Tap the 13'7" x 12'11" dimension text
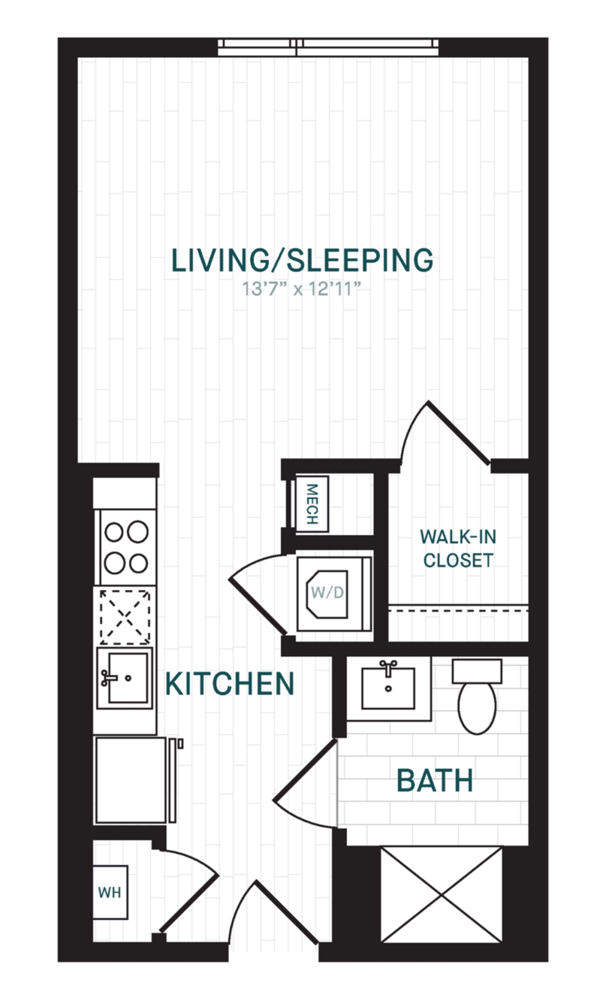point(301,289)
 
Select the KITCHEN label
point(230,684)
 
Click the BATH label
point(435,780)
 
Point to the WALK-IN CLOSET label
point(458,548)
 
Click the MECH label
point(312,504)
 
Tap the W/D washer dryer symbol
point(334,592)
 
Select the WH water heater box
point(110,892)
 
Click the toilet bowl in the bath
point(477,708)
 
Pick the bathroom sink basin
point(388,688)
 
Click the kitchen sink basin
point(128,678)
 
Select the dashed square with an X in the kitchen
point(125,617)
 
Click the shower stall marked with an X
point(442,894)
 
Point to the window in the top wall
point(328,47)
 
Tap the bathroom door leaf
point(305,770)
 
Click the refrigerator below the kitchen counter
point(131,780)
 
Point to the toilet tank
point(477,671)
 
